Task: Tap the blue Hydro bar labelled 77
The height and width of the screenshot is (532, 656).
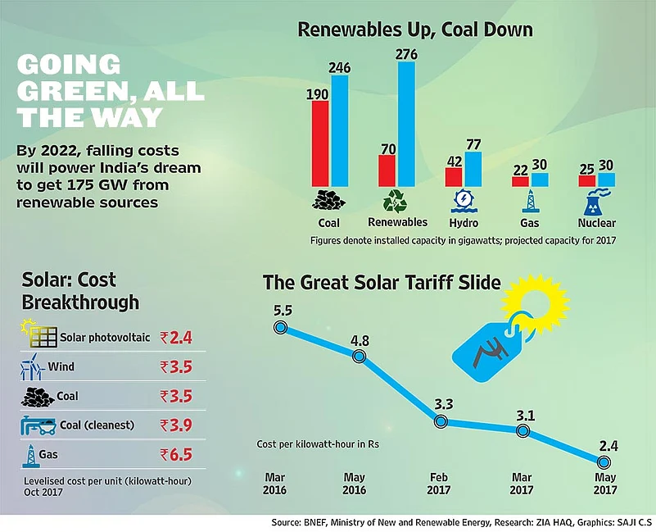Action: pyautogui.click(x=473, y=168)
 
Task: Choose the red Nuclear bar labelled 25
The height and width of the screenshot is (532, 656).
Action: pyautogui.click(x=586, y=180)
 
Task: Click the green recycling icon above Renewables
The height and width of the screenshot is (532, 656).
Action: pyautogui.click(x=397, y=202)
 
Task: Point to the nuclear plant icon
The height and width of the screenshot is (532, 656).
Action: pyautogui.click(x=595, y=202)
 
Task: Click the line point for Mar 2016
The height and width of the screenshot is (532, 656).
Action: pyautogui.click(x=280, y=327)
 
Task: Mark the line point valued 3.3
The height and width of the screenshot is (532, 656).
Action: pyautogui.click(x=441, y=421)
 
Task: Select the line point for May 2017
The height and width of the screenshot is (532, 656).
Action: pyautogui.click(x=605, y=463)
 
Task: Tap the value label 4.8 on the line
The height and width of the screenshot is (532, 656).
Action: pyautogui.click(x=358, y=340)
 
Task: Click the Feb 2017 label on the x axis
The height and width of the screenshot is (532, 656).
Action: pyautogui.click(x=441, y=484)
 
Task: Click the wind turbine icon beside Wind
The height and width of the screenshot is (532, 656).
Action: pyautogui.click(x=30, y=367)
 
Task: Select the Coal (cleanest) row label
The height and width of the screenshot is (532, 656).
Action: pyautogui.click(x=89, y=425)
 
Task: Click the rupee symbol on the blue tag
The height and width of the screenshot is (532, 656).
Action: pyautogui.click(x=482, y=353)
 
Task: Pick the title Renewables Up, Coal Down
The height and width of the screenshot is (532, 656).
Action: pyautogui.click(x=414, y=30)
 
